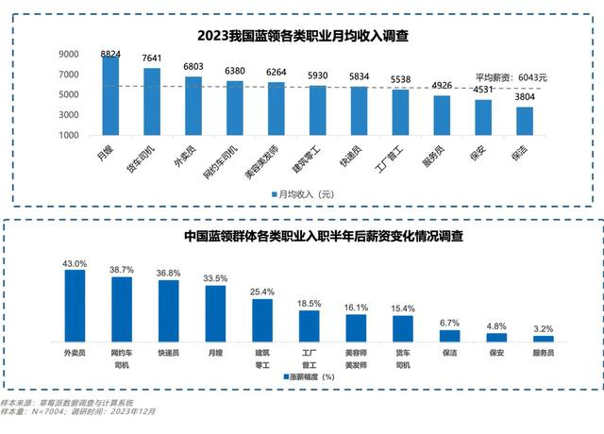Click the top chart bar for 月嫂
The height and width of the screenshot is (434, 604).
110,95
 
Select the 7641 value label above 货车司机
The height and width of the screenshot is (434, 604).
152,58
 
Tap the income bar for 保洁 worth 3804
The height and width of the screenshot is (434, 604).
524,121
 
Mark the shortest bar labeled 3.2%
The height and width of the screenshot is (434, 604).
543,339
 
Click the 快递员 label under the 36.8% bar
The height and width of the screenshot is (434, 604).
168,351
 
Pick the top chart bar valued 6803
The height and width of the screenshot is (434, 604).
193,106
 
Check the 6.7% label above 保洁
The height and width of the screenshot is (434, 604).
449,323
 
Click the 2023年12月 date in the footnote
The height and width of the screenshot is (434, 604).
131,412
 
